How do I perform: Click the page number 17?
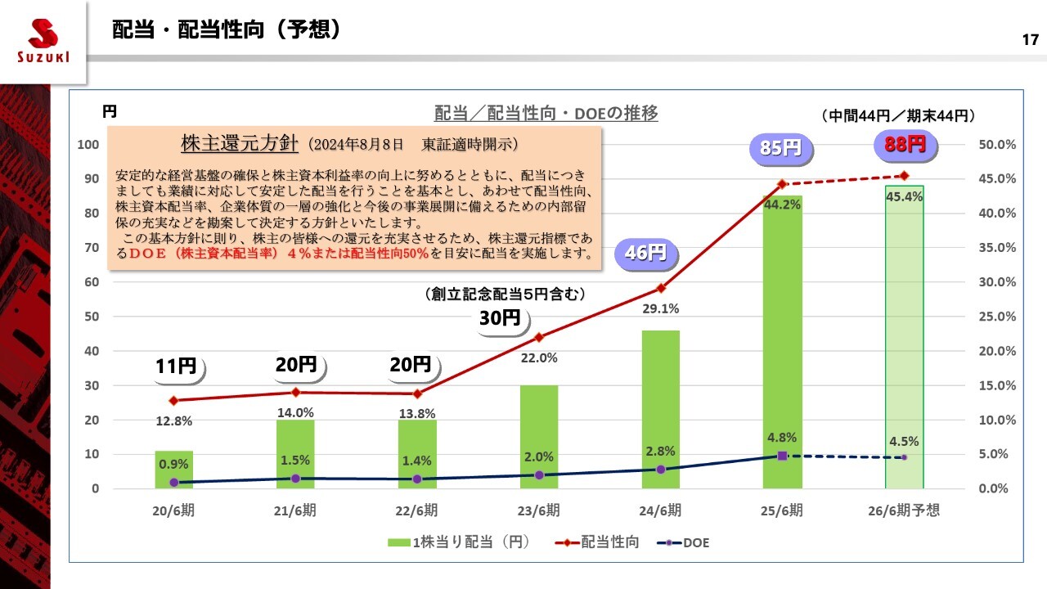pyautogui.click(x=1030, y=40)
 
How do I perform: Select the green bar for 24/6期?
pyautogui.click(x=660, y=409)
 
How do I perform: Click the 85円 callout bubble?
pyautogui.click(x=781, y=148)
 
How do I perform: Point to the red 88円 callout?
pyautogui.click(x=905, y=145)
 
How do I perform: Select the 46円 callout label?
pyautogui.click(x=645, y=253)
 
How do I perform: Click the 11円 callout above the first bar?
pyautogui.click(x=176, y=366)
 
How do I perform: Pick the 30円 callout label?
pyautogui.click(x=499, y=319)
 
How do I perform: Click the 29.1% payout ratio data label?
pyautogui.click(x=660, y=309)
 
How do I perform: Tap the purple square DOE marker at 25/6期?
pyautogui.click(x=782, y=456)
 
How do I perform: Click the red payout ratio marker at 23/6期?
pyautogui.click(x=538, y=337)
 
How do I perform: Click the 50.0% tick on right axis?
pyautogui.click(x=996, y=145)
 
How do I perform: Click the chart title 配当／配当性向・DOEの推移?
pyautogui.click(x=546, y=114)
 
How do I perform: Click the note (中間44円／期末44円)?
pyautogui.click(x=898, y=116)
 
